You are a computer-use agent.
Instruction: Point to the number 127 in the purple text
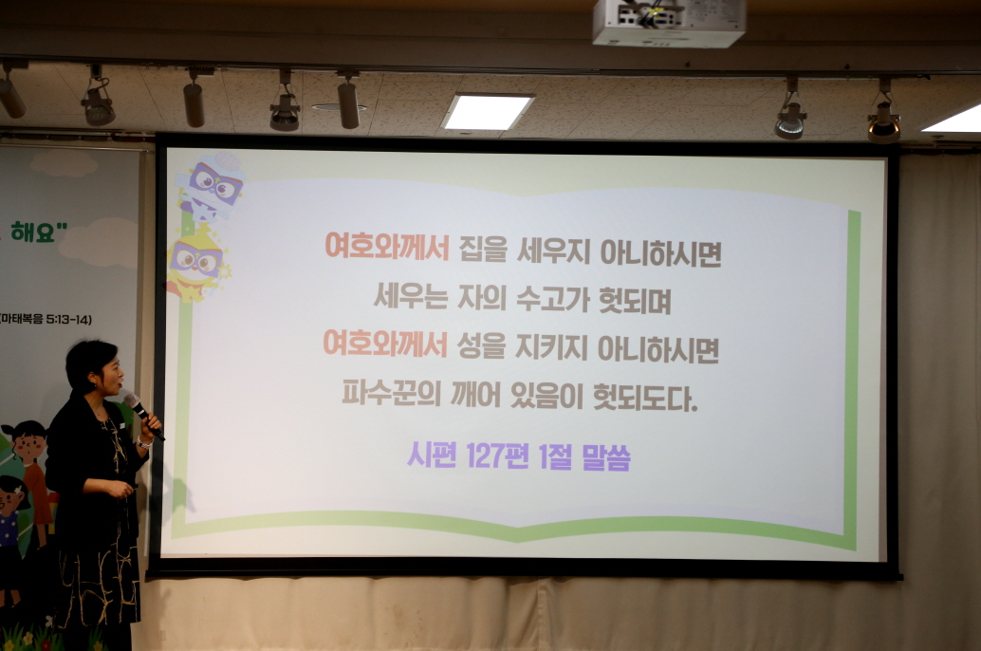coord(488,457)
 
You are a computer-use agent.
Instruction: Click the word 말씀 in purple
coord(603,457)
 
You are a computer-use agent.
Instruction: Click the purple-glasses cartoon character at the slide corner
coord(211,186)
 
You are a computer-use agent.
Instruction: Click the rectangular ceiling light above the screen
coord(488,112)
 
